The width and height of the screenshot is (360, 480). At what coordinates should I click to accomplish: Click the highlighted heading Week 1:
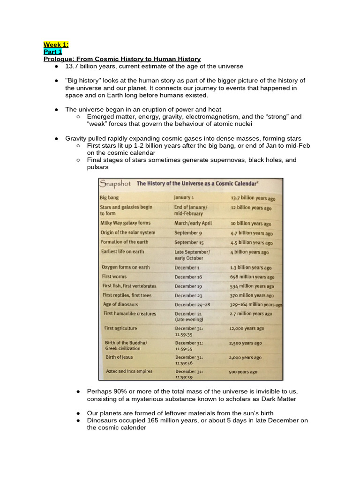[56, 45]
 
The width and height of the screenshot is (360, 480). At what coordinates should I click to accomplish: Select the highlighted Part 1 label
[52, 52]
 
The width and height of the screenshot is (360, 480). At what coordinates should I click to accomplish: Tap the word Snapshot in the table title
[115, 184]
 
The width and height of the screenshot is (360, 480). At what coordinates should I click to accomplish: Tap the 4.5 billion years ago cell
[251, 243]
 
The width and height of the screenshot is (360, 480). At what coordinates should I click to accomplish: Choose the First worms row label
[114, 277]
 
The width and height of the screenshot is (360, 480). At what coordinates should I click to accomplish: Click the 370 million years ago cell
[252, 295]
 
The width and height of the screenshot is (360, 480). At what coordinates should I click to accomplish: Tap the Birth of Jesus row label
[119, 357]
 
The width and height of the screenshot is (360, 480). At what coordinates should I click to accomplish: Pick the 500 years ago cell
[243, 372]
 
